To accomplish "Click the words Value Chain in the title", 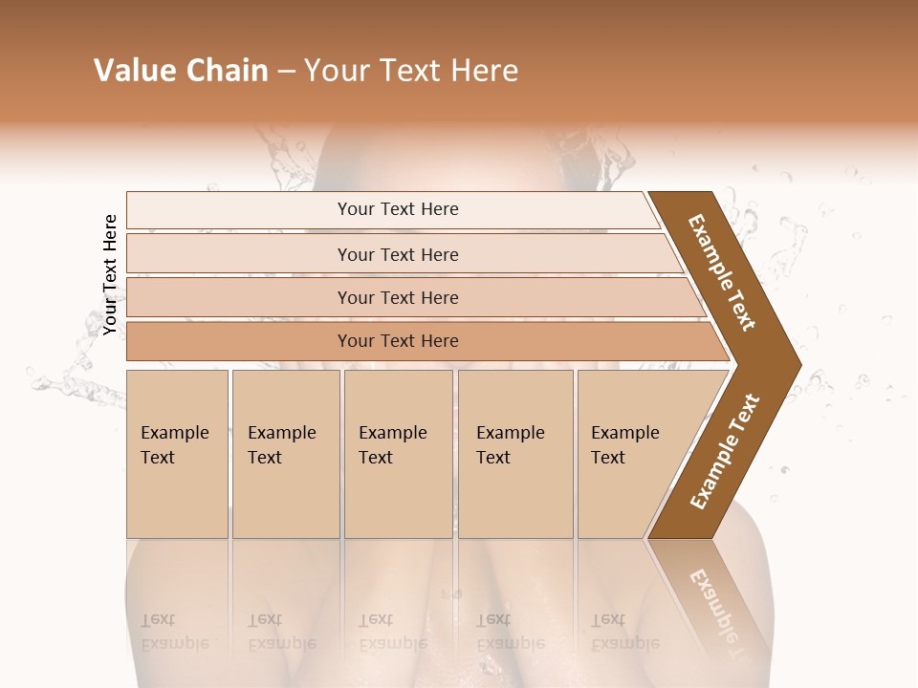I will coord(181,71).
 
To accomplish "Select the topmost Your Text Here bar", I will coord(398,209).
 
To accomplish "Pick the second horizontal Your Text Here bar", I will coord(398,254).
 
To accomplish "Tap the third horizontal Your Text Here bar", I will coord(398,298).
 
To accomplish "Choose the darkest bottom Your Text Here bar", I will coord(398,341).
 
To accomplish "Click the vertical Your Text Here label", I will coord(110,274).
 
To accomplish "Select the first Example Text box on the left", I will coord(177,454).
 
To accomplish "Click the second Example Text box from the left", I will coord(285,454).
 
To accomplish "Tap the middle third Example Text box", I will coord(397,454).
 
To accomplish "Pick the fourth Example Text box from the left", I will coord(514,454).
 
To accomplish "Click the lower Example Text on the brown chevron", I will coord(724,451).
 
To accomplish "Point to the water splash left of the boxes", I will coord(67,382).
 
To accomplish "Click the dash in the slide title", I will coord(286,72).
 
